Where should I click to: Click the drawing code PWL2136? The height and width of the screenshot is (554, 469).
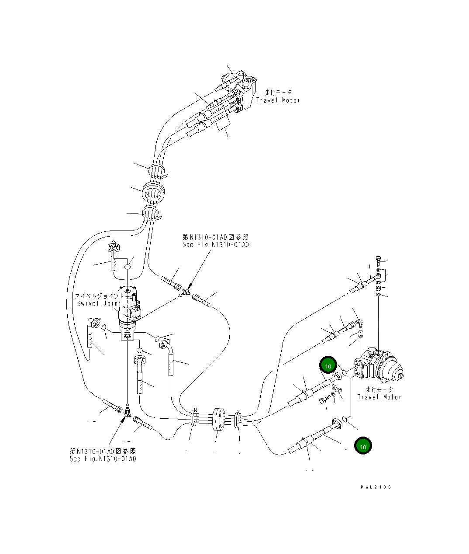pos(376,487)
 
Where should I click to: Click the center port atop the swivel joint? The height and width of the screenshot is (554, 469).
pos(128,291)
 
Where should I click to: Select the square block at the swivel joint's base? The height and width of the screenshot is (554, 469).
pos(128,335)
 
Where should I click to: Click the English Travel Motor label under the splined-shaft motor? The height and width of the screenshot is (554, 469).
pos(379,397)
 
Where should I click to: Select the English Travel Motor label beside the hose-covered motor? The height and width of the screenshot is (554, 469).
pos(278,100)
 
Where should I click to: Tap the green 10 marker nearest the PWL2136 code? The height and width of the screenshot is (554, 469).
pos(363,446)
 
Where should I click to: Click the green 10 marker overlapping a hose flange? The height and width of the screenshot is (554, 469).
pos(328,366)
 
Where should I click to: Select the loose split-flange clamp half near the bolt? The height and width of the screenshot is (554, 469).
pos(336,388)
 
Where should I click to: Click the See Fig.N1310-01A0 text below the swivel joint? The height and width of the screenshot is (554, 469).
pos(103,459)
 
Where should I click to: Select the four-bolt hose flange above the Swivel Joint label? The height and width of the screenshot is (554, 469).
pos(113,248)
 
